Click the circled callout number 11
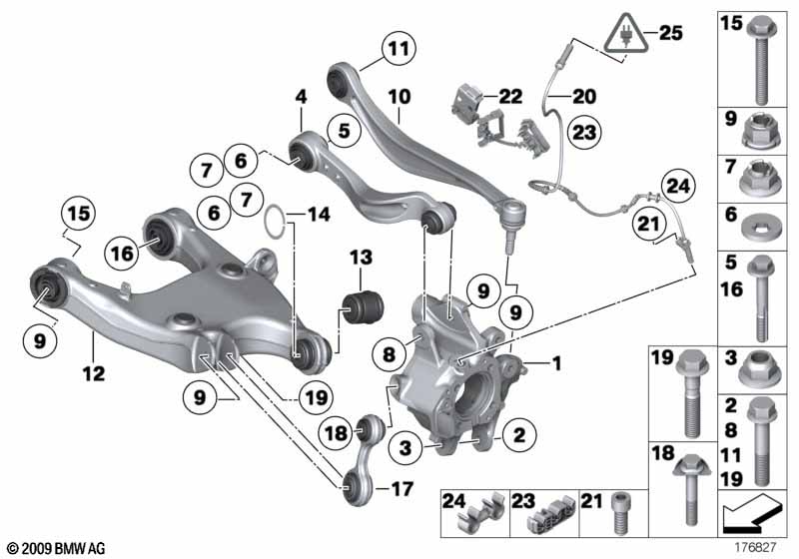click(399, 49)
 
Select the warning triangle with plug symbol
click(626, 33)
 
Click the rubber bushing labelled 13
click(362, 306)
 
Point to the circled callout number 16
click(122, 253)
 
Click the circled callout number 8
click(389, 353)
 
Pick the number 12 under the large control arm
click(93, 373)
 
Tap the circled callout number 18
click(336, 434)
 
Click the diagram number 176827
click(755, 547)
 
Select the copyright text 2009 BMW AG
click(57, 548)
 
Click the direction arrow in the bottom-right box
click(752, 513)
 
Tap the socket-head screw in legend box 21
click(620, 512)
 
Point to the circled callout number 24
click(678, 186)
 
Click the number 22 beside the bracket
click(510, 96)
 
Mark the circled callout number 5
click(345, 131)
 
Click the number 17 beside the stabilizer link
click(401, 489)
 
